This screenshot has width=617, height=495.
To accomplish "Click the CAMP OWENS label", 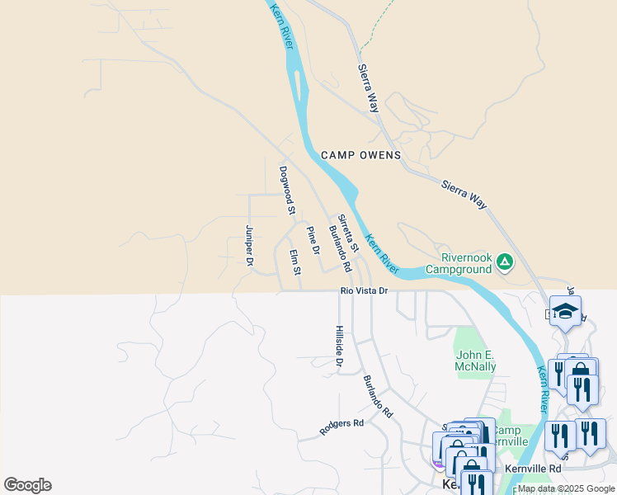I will click(360, 155).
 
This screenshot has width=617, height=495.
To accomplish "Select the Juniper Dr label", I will click(248, 246).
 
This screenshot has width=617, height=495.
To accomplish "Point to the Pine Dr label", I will click(313, 239).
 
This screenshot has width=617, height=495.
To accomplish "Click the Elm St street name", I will click(294, 262).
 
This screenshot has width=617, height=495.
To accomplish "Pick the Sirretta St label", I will click(349, 233).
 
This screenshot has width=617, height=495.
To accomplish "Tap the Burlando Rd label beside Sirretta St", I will click(340, 249).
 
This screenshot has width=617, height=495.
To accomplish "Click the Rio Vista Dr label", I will click(364, 291).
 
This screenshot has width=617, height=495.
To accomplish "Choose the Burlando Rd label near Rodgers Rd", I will click(378, 395).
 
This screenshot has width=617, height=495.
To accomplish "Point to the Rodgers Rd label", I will click(341, 427).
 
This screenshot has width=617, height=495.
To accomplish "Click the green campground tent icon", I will click(505, 263).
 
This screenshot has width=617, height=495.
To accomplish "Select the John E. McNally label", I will click(476, 361).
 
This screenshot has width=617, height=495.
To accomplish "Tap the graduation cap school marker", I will click(565, 311).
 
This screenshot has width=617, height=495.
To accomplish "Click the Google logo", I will click(27, 485).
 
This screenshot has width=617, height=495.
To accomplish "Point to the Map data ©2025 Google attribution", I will click(566, 488).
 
